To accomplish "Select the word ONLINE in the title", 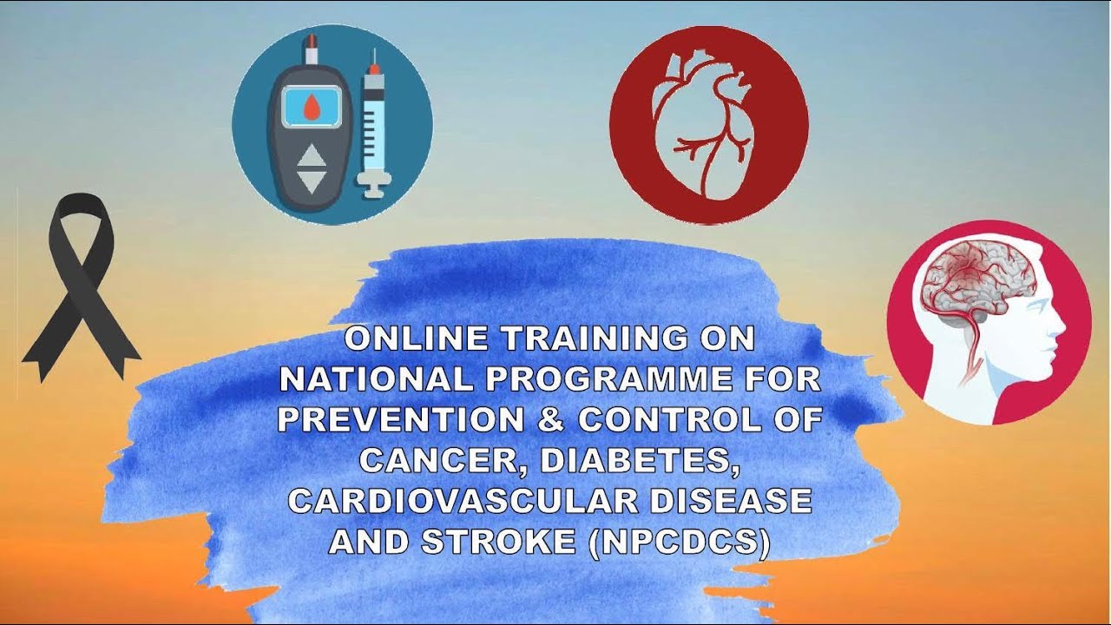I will tap(417, 339).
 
